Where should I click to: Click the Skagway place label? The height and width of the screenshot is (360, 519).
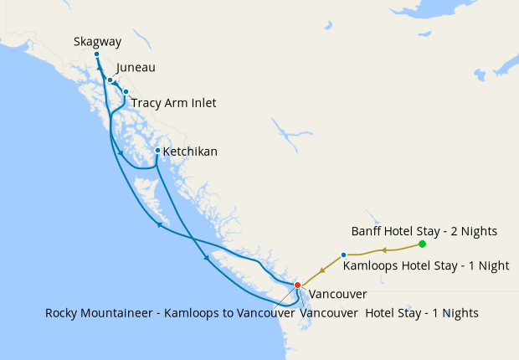[x=97, y=40]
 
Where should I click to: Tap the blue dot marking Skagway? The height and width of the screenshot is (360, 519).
[x=96, y=54]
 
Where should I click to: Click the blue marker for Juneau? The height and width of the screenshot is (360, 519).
[x=110, y=80]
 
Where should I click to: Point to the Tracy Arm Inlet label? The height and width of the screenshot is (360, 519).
[x=174, y=103]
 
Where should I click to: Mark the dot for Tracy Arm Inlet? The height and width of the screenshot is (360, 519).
[x=126, y=91]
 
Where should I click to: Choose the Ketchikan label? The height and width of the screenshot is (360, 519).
[x=190, y=152]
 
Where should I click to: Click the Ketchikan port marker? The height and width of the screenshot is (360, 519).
[x=157, y=150]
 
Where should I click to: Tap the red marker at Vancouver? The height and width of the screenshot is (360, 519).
[x=297, y=285]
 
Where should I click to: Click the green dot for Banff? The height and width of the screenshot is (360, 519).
[x=422, y=244]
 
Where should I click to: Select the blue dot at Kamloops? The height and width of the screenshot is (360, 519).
[x=344, y=255]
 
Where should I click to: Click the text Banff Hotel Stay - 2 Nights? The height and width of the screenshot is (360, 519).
[x=424, y=230]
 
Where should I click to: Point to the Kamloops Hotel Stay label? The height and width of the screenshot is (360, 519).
[x=426, y=265]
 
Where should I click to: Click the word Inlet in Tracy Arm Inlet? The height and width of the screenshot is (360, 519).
[x=202, y=103]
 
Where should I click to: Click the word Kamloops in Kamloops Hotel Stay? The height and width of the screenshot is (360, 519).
[x=373, y=265]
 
